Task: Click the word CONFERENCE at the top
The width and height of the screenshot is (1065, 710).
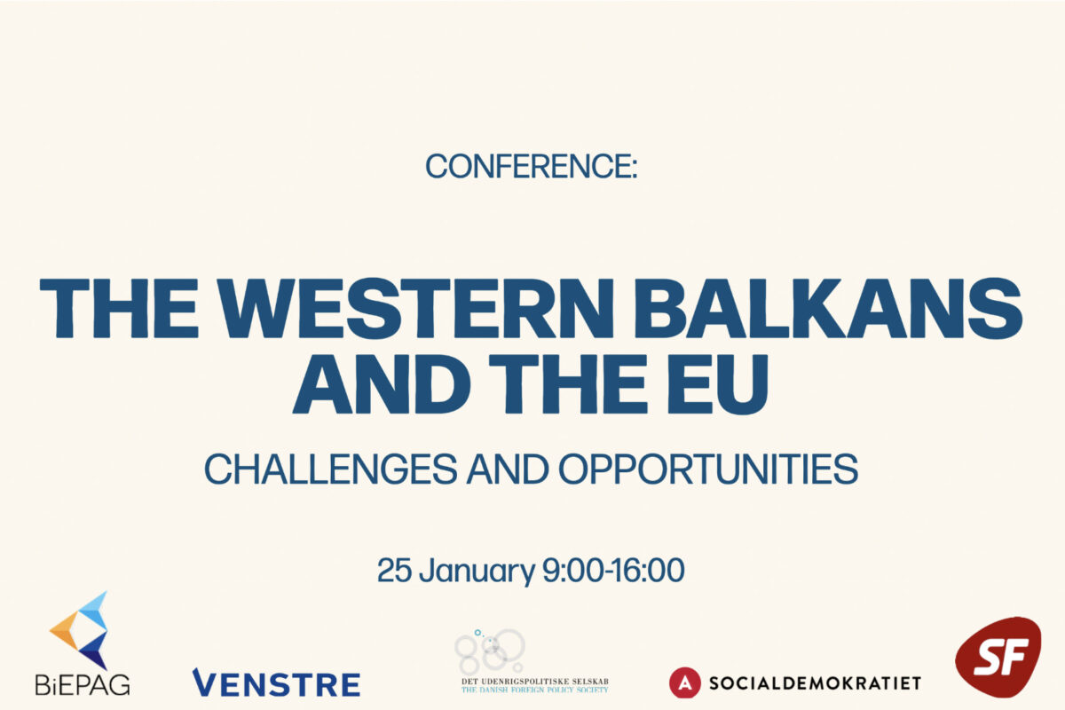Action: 528,167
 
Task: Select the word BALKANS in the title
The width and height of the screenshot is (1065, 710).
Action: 828,308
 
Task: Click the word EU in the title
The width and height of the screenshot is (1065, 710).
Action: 718,383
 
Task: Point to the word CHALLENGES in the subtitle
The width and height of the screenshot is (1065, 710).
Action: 330,469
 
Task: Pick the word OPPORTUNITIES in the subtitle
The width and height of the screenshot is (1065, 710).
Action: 708,469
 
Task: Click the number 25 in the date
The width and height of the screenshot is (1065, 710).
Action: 394,570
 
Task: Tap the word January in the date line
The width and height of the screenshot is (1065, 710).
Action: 477,572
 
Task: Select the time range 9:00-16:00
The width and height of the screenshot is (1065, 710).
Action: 613,570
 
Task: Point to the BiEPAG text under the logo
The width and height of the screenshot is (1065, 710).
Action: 83,685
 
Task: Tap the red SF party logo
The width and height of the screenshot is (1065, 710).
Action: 998,657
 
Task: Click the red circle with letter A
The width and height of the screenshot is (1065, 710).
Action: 684,682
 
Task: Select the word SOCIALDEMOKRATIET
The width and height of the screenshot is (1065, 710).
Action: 815,683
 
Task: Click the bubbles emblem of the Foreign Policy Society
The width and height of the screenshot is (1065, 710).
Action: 490,650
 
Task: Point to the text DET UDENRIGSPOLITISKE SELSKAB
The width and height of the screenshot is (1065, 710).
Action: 535,682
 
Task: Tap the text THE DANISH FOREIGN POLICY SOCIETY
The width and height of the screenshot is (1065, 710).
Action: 535,690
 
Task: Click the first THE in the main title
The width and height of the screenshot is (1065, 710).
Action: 119,308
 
